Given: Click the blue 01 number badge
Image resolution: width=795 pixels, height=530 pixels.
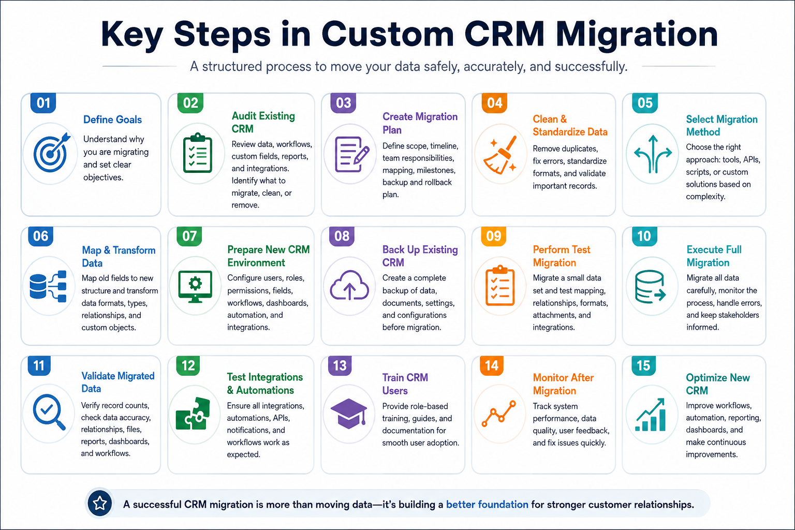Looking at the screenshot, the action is [43, 103].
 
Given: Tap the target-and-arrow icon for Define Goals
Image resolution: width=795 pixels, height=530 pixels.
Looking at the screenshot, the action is [52, 152].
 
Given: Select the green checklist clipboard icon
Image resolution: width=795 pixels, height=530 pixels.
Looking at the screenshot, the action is [198, 153].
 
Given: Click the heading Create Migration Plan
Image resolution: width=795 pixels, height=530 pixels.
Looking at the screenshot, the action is [420, 123].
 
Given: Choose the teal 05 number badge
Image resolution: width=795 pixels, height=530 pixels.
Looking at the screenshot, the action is [645, 103].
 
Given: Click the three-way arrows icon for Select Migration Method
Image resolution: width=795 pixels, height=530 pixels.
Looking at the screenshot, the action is [653, 154].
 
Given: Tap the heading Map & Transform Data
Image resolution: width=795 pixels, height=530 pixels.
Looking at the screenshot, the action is [119, 257].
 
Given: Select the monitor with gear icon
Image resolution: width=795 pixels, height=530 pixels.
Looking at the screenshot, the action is [196, 286].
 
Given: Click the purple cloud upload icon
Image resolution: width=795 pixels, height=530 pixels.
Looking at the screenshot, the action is [349, 285].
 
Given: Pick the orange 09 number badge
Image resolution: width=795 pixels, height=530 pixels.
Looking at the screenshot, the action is [494, 236].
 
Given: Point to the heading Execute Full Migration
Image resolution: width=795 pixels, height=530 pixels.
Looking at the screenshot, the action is [714, 256].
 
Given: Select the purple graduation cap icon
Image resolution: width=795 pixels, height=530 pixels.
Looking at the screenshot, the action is [349, 413].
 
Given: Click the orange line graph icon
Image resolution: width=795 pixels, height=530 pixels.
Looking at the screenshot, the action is [498, 414].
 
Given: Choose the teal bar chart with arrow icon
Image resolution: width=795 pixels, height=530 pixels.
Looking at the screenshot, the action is [650, 414].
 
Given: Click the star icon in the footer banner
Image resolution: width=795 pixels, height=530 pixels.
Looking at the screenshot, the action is [100, 503].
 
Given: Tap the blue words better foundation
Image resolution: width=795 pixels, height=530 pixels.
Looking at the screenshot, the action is [487, 505].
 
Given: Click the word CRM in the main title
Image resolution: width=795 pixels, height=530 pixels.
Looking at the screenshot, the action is [504, 34].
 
